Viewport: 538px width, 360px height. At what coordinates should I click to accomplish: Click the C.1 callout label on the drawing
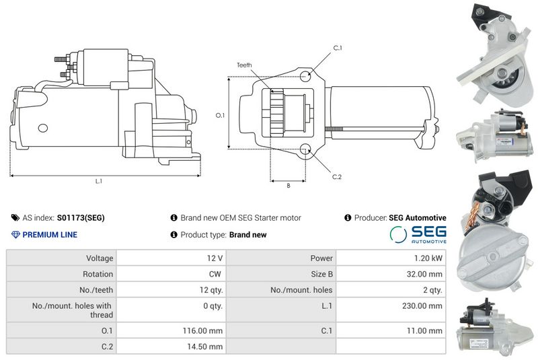pos(338,48)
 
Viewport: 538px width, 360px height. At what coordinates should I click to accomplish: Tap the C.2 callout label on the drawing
pos(337,177)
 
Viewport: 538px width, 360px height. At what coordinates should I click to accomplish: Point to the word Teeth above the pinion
pos(244,65)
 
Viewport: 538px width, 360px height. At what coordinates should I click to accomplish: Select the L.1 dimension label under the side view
pos(99,181)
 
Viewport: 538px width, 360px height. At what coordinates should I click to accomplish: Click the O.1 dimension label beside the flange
pos(220,115)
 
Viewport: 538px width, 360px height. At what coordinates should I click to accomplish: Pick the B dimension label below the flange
pos(289,185)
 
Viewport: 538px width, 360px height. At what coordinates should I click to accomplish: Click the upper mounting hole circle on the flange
pos(305,75)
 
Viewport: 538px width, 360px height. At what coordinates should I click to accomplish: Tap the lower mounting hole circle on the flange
pos(305,149)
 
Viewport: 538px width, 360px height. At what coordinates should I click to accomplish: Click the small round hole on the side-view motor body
pos(42,128)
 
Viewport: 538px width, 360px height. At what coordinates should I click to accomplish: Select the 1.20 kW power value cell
pos(391,258)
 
